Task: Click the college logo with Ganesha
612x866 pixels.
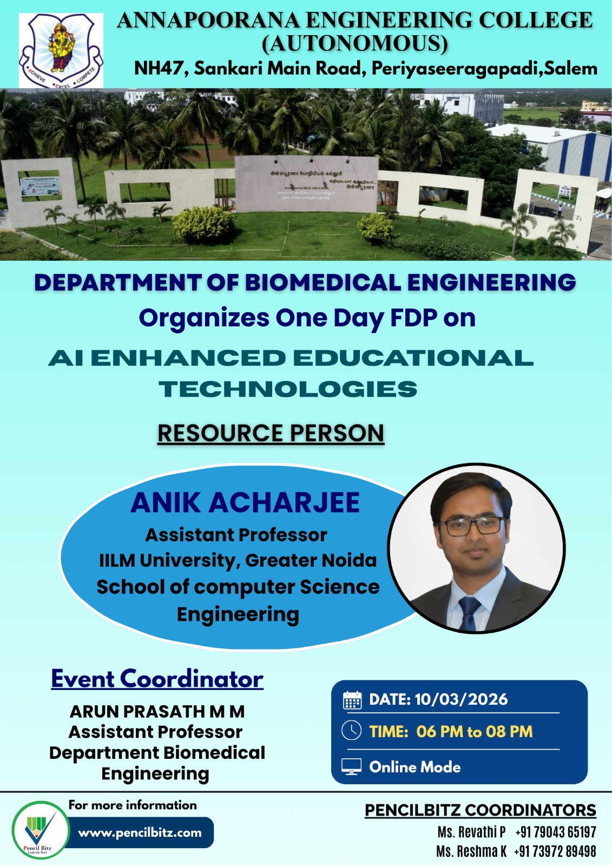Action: tap(61, 50)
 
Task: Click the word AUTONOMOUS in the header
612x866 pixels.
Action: tap(355, 44)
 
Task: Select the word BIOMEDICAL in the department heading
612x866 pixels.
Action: tap(323, 283)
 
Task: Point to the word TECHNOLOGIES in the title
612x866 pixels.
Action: tap(288, 389)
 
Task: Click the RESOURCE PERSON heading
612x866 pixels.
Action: tap(271, 434)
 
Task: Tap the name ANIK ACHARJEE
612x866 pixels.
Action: tap(245, 502)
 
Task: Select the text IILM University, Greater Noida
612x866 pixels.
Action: tap(238, 560)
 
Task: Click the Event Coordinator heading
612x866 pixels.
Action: tap(157, 679)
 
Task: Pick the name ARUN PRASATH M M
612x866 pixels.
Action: tap(157, 711)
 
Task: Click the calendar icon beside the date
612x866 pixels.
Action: tap(352, 700)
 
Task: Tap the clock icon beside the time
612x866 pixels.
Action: tap(352, 731)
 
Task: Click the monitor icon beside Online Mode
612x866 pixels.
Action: tap(351, 767)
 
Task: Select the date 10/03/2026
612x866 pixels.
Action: tap(461, 699)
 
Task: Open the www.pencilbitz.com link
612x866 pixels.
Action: tap(140, 832)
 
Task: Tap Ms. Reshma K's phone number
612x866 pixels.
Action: tap(555, 851)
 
